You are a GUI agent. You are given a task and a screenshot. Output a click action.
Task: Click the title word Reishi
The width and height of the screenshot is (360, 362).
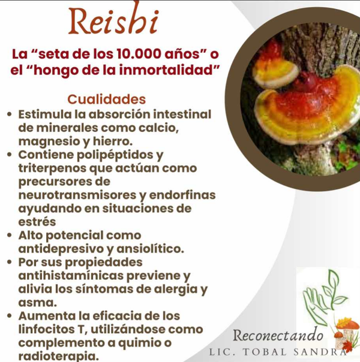113,20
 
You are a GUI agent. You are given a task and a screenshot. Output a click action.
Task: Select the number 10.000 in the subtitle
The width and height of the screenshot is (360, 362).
139,54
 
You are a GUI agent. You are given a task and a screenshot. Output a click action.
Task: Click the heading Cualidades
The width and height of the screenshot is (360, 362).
107,99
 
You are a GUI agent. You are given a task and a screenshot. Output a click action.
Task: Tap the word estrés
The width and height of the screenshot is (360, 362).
37,222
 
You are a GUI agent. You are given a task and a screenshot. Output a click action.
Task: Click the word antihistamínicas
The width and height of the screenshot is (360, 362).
71,276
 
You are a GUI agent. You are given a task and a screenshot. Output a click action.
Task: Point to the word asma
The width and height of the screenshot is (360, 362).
37,303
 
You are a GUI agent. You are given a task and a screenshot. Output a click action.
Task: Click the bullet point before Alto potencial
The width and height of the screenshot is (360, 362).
10,236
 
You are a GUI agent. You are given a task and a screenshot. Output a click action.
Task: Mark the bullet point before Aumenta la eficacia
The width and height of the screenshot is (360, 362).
10,316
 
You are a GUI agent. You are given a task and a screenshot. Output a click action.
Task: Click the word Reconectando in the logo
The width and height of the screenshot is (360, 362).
278,336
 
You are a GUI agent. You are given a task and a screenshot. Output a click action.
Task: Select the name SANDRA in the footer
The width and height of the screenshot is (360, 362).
320,352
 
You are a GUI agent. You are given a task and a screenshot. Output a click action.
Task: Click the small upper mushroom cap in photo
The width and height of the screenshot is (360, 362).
275,73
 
